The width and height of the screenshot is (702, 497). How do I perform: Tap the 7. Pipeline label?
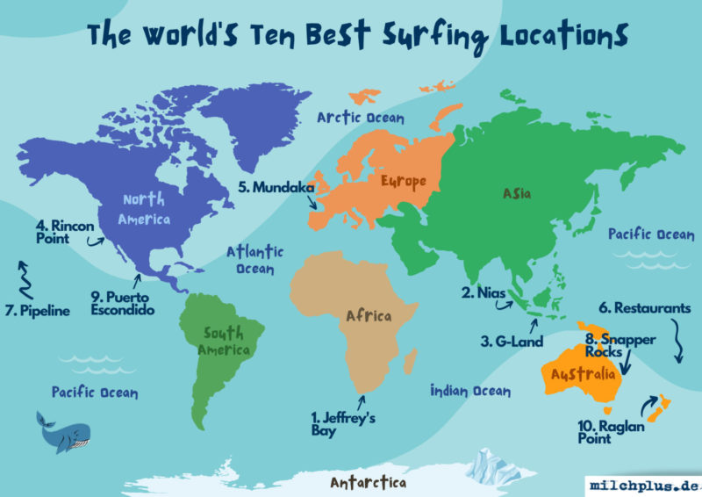pos(38,310)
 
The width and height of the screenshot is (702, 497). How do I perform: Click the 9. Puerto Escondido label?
pos(123,303)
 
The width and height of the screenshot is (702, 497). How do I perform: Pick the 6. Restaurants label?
pos(650,308)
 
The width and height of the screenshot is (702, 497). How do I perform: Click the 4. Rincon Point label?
pos(60,230)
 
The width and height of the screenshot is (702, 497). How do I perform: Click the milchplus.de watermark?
pos(642,486)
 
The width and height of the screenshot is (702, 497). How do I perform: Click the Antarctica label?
pos(368,483)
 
